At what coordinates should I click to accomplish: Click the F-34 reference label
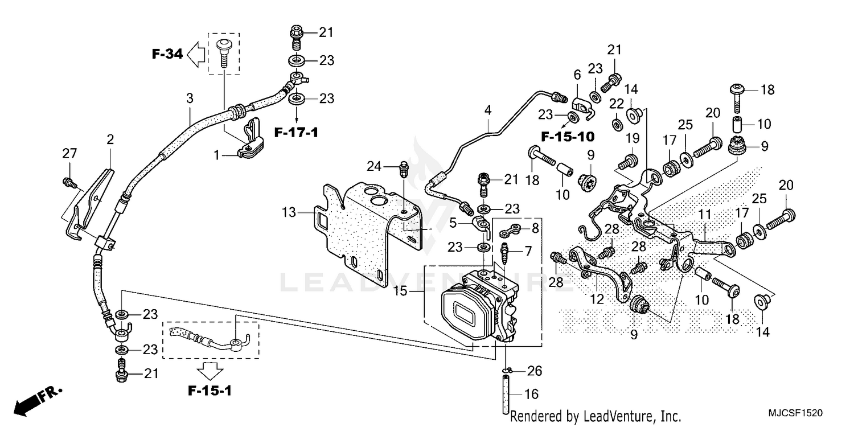click(x=167, y=55)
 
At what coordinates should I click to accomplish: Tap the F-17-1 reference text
click(x=295, y=133)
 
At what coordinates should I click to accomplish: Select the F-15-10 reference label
click(x=568, y=137)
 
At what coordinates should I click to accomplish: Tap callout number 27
click(x=69, y=153)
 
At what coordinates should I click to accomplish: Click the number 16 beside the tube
click(x=530, y=393)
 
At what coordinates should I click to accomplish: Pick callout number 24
click(x=373, y=166)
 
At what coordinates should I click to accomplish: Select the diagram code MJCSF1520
click(x=794, y=412)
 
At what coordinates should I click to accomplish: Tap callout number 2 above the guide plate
click(x=110, y=139)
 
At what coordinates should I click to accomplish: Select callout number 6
click(x=577, y=75)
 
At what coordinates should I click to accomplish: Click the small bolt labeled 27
click(x=67, y=182)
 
